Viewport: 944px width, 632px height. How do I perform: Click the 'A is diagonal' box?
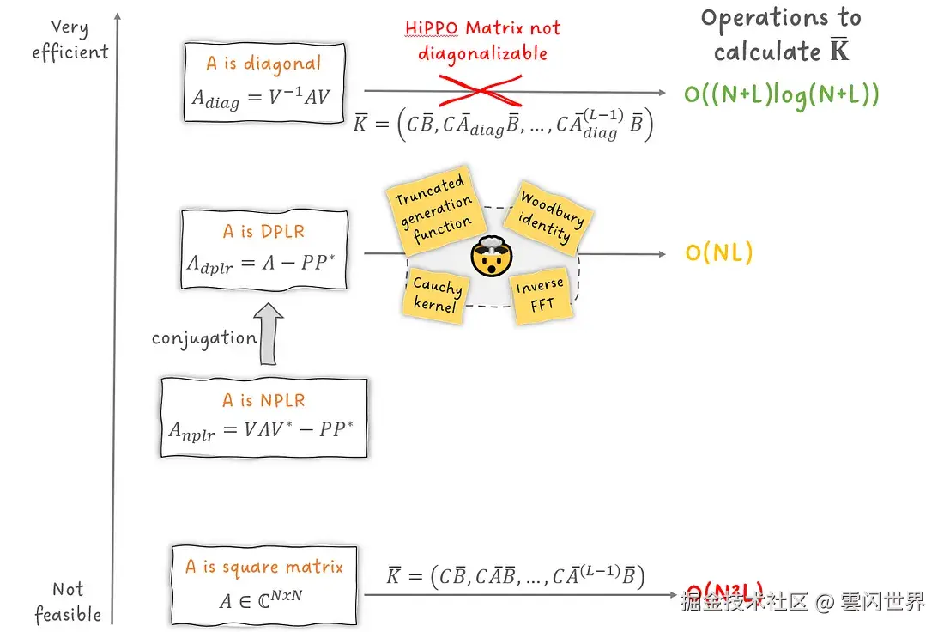coord(264,83)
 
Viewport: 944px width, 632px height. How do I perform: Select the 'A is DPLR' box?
coord(263,249)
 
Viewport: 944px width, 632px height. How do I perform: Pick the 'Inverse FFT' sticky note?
coord(540,296)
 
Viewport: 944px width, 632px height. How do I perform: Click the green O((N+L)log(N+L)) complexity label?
coord(781,94)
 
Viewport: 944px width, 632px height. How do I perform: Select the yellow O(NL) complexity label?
coord(718,253)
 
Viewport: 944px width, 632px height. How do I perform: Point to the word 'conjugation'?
coord(204,338)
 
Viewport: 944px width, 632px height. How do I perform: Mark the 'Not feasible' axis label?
coord(68,602)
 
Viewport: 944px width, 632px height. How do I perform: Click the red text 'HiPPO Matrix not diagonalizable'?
coord(482,40)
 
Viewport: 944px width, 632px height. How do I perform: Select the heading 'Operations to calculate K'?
coord(780,35)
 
